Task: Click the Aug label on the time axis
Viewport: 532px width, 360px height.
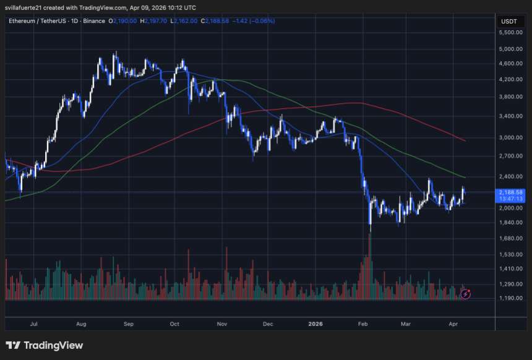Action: click(81, 324)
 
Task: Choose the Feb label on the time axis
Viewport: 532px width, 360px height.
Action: click(363, 324)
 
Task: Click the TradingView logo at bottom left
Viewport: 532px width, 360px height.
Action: click(44, 345)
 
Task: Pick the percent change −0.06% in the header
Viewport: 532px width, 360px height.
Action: click(262, 21)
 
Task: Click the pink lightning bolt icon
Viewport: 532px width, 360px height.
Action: click(467, 294)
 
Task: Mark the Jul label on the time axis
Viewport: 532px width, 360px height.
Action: click(34, 324)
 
